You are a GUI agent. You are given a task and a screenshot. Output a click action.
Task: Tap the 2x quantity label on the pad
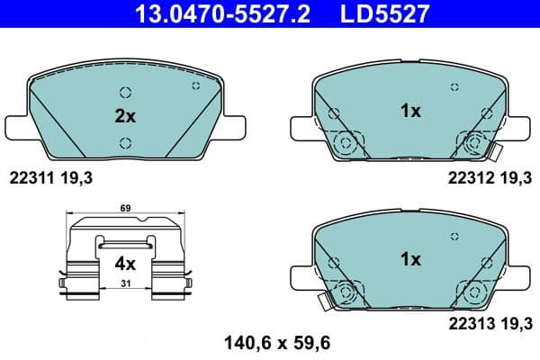124,116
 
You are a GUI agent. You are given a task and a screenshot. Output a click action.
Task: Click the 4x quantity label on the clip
124,264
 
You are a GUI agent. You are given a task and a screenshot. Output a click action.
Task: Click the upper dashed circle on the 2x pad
125,92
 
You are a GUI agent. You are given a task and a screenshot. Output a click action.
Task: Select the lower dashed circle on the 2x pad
125,141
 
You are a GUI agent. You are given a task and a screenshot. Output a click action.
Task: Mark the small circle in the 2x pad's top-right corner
195,85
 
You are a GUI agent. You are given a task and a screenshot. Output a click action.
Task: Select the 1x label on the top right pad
410,111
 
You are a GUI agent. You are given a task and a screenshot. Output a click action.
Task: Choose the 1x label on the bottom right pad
410,259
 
